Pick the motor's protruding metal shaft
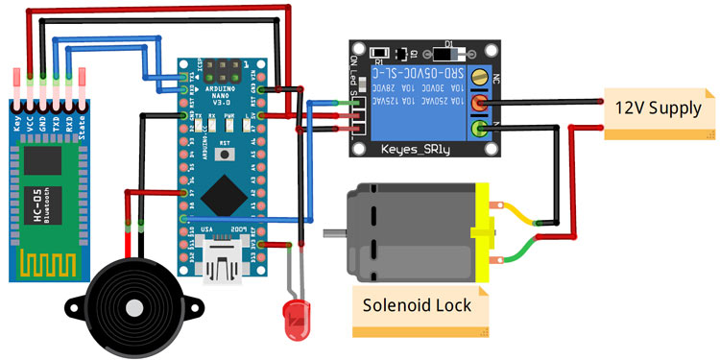click(x=333, y=233)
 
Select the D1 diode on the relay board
click(x=447, y=51)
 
